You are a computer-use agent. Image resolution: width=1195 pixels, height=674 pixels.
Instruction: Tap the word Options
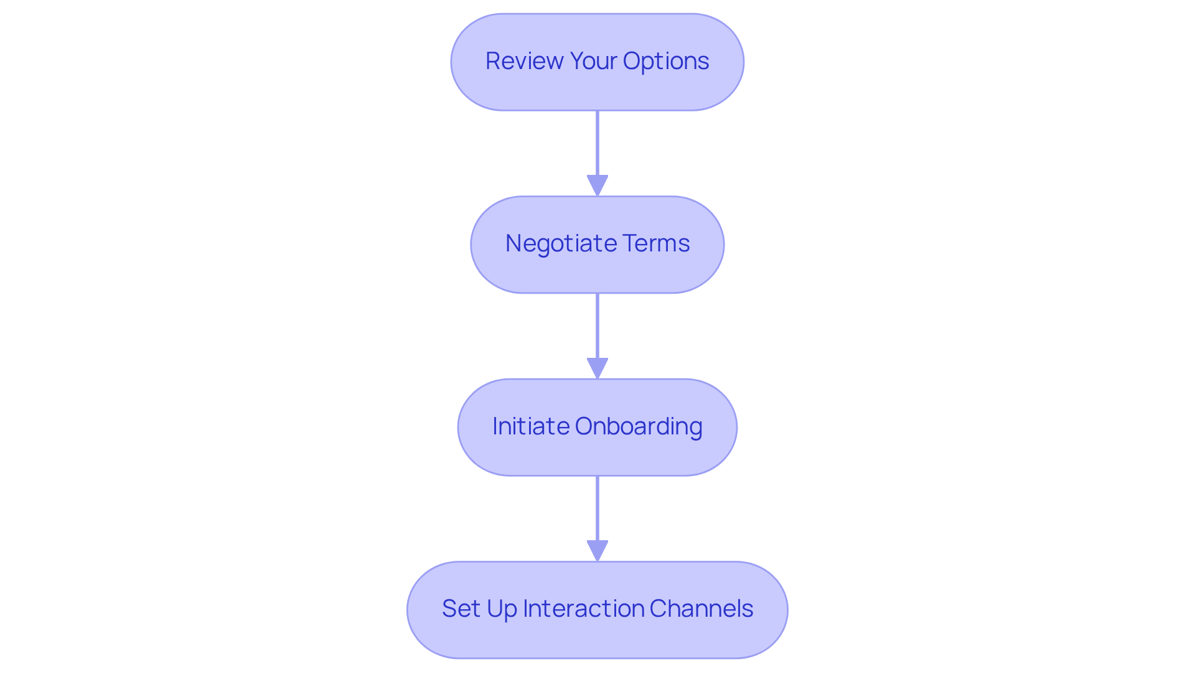(x=665, y=61)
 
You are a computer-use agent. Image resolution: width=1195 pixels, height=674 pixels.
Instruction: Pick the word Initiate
(x=531, y=426)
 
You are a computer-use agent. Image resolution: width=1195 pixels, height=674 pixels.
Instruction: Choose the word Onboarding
(x=639, y=426)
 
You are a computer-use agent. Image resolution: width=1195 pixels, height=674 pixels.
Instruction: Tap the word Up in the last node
(x=502, y=609)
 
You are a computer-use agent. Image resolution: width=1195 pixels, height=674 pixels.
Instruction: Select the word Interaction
(x=583, y=609)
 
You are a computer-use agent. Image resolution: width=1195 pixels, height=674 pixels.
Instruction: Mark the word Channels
(x=701, y=609)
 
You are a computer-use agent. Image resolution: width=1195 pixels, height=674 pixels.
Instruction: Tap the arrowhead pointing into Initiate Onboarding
(x=597, y=368)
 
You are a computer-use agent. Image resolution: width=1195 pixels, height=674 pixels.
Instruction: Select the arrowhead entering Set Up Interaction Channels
(x=597, y=551)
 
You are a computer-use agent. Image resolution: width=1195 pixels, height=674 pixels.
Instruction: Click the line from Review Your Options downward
(x=597, y=143)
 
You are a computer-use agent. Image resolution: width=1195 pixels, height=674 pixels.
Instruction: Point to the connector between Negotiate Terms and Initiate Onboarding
(x=597, y=325)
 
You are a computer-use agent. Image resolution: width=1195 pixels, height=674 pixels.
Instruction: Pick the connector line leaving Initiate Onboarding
(x=597, y=508)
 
